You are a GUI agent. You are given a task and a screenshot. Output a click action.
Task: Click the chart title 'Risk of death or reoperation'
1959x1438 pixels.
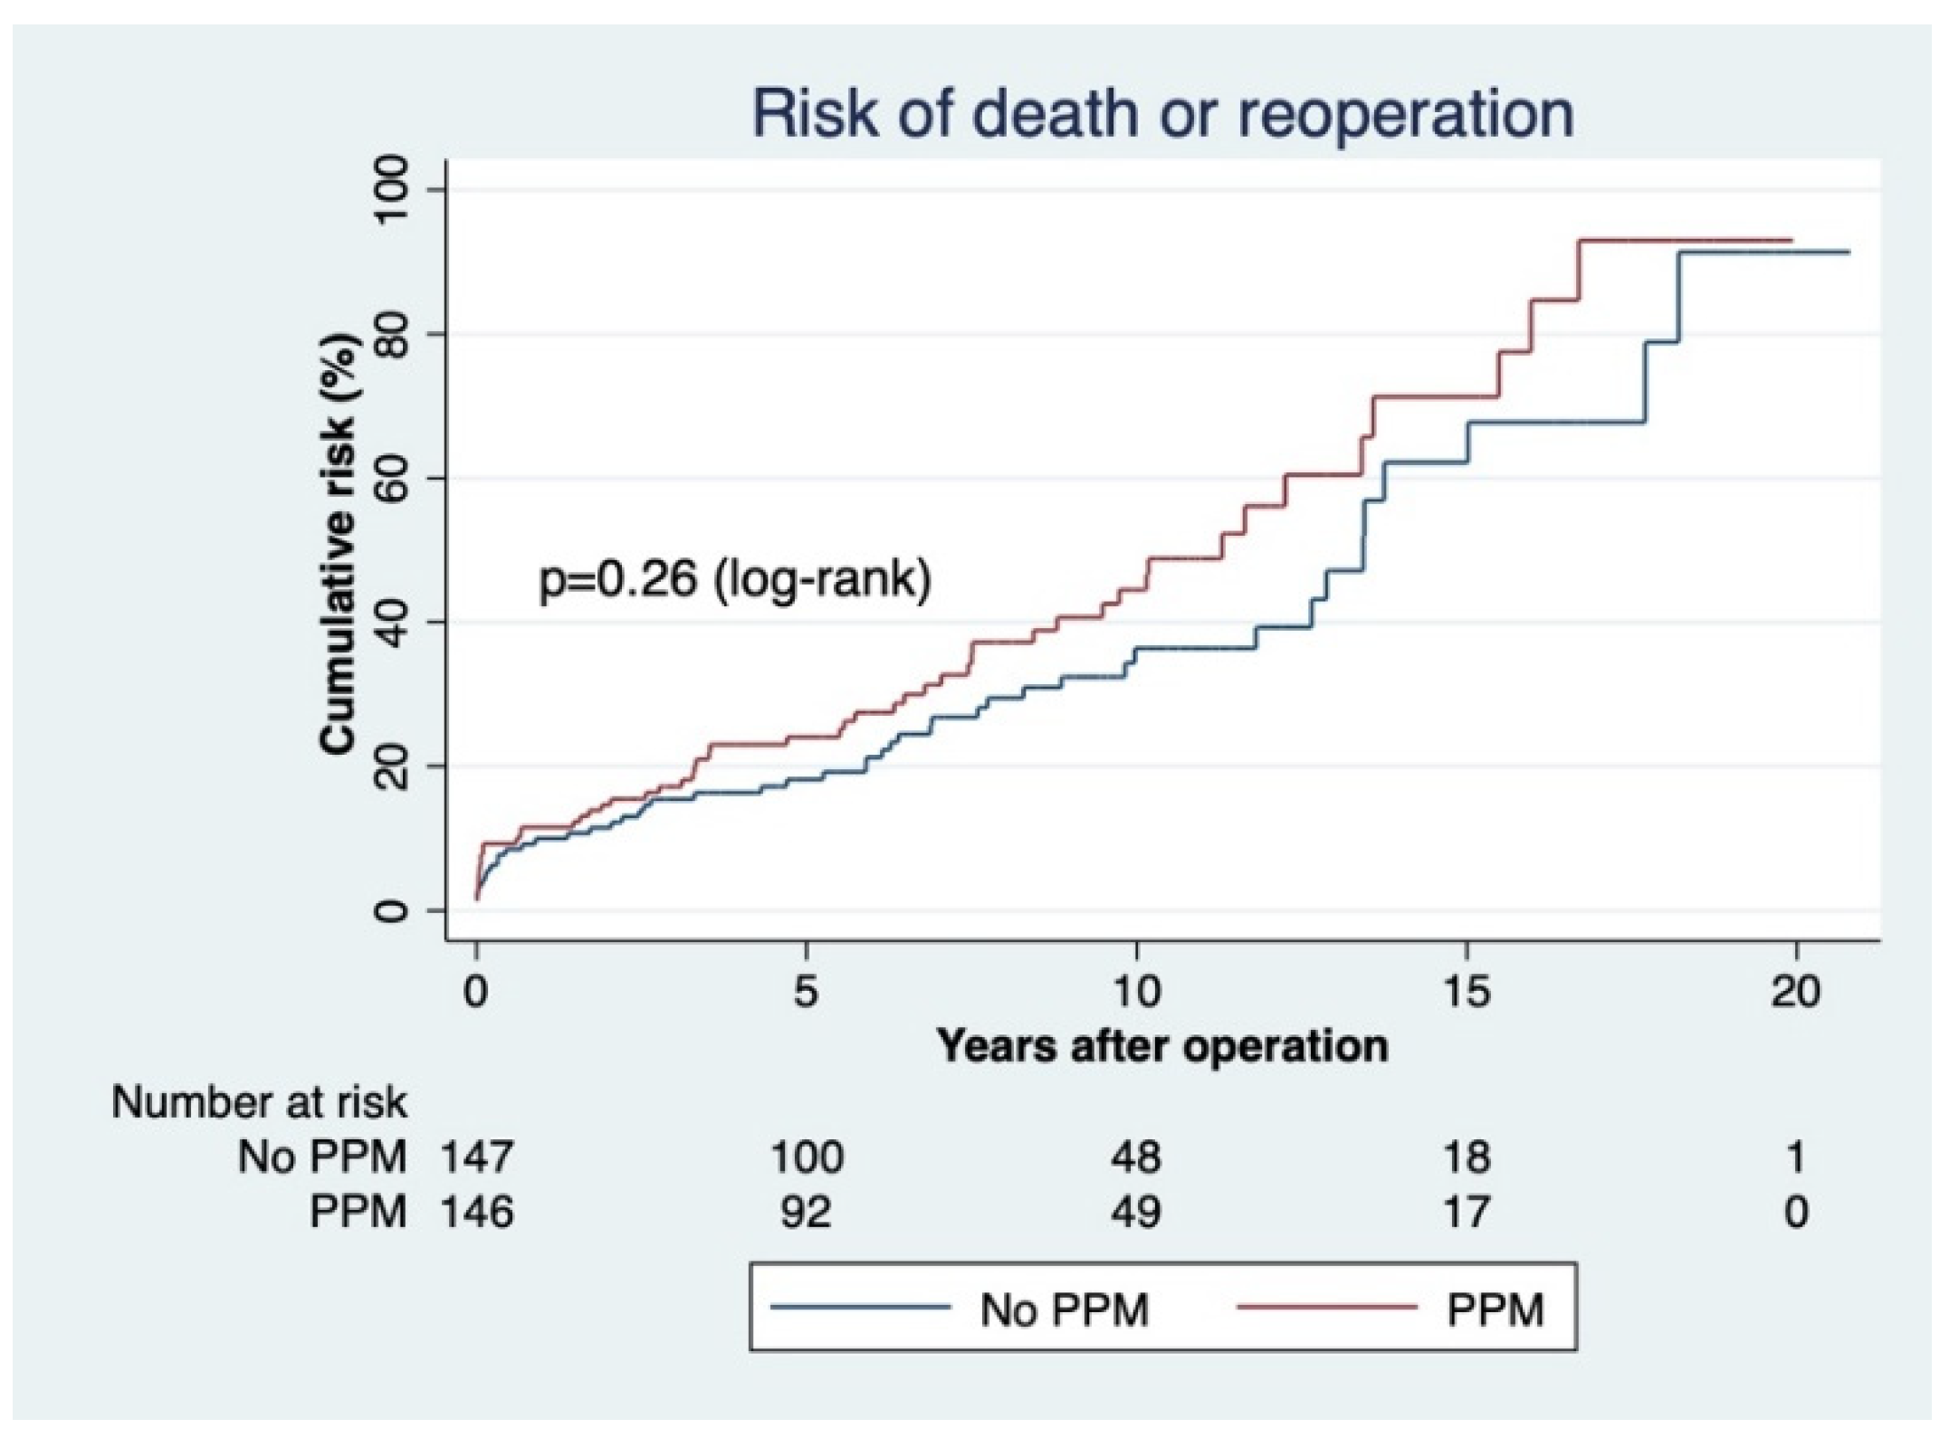click(x=1162, y=115)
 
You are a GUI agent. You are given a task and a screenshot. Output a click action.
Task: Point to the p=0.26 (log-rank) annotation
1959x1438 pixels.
click(x=735, y=578)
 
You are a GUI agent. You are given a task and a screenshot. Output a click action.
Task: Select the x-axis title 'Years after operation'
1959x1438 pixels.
click(x=1162, y=1046)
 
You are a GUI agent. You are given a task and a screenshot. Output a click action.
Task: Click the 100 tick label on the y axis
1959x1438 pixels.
click(x=391, y=190)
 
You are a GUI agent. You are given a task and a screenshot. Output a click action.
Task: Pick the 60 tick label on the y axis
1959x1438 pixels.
click(x=391, y=478)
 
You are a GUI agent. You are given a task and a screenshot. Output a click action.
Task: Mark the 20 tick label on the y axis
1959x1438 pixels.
click(x=391, y=767)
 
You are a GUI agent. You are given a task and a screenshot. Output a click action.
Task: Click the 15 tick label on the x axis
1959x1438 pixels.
click(x=1466, y=992)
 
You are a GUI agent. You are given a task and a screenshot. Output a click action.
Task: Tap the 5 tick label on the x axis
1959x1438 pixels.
click(x=805, y=992)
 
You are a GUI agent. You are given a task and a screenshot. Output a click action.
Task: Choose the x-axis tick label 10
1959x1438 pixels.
click(x=1135, y=992)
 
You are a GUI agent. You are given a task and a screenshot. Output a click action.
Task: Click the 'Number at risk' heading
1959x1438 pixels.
click(x=259, y=1102)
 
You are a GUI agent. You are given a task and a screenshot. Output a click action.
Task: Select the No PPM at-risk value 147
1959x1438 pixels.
click(x=477, y=1157)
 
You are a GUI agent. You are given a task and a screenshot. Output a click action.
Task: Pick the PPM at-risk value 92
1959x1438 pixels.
click(x=806, y=1212)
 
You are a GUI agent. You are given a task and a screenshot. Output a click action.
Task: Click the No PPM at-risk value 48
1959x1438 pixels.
click(x=1136, y=1157)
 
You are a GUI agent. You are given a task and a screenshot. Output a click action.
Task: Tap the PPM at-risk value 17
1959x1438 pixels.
click(x=1466, y=1212)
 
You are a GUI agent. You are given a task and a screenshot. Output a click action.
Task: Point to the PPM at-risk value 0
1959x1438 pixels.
click(x=1796, y=1212)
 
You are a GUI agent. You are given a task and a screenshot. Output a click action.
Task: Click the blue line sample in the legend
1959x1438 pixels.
click(x=859, y=1307)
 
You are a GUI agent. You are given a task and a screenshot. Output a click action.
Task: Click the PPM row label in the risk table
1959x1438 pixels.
click(x=358, y=1212)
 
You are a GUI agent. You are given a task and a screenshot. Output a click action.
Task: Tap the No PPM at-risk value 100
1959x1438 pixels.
click(x=806, y=1157)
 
